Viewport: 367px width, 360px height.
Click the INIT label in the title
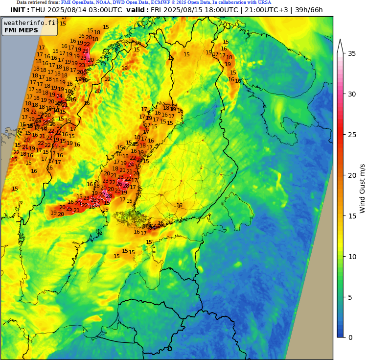(x=19, y=10)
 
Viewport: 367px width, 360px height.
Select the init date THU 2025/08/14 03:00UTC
(x=77, y=10)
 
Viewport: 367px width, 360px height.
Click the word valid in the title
(x=137, y=10)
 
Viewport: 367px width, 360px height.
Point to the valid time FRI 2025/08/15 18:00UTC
(x=195, y=10)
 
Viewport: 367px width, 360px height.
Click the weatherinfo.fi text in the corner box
(x=29, y=23)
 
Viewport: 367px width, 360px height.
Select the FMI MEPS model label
(x=22, y=30)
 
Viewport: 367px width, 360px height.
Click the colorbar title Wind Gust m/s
(x=362, y=189)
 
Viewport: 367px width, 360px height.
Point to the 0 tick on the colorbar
(x=351, y=337)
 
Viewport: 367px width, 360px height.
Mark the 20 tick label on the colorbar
(x=352, y=175)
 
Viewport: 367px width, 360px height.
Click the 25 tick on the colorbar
(x=352, y=134)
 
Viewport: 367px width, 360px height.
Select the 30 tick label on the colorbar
(x=352, y=94)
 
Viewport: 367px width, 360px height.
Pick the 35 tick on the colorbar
(x=352, y=53)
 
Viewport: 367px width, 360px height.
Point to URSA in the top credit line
(x=264, y=2)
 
